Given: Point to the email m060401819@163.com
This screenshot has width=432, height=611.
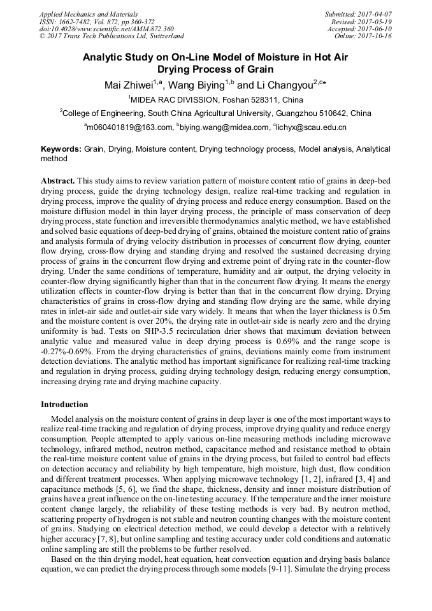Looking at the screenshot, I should [129, 127].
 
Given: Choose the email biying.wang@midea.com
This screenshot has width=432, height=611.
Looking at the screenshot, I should [223, 127].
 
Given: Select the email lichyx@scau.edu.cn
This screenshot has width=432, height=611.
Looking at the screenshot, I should [310, 127].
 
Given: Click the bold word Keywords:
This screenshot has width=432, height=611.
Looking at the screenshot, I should [61, 148].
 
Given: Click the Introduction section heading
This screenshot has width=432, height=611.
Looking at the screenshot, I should [64, 404].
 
